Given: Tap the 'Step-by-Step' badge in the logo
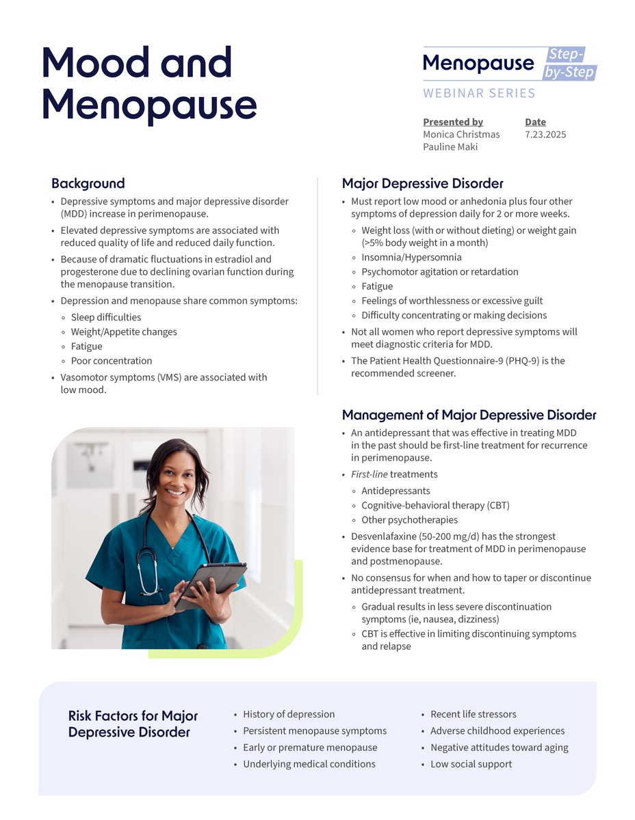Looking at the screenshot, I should pos(570,64).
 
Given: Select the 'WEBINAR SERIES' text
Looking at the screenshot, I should pos(479,93).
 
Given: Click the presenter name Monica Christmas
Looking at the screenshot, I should pos(461,135).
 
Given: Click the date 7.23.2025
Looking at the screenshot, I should pos(545,135).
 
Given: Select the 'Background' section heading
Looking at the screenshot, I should pos(88,184).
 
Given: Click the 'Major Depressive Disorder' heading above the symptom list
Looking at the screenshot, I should pos(422,184).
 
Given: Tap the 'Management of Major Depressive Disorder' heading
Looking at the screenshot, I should pos(469,415).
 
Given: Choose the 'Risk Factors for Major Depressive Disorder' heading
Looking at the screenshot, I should pos(133,724).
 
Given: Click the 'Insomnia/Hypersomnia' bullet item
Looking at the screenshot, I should pos(411,258).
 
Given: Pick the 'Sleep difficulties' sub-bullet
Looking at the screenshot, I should pos(106,317).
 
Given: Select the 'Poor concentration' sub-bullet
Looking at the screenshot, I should pos(112,361).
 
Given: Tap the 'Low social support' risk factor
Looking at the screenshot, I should pos(471,764).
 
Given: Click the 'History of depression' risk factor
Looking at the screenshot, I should pos(289,714).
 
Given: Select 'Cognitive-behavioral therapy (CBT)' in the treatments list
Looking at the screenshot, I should pos(435,506).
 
